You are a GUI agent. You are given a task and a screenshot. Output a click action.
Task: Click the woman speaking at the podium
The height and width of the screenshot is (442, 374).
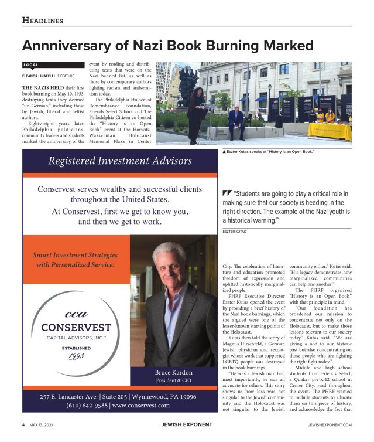coord(195,111)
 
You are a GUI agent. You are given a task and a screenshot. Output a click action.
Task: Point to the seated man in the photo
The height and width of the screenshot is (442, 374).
coord(236,120)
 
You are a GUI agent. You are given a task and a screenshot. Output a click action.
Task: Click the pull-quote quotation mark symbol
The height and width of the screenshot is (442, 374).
coord(227,194)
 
